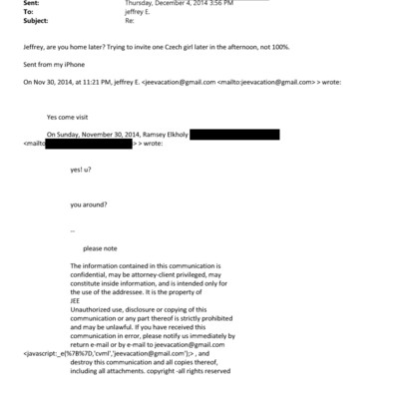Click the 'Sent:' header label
tap(29, 4)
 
